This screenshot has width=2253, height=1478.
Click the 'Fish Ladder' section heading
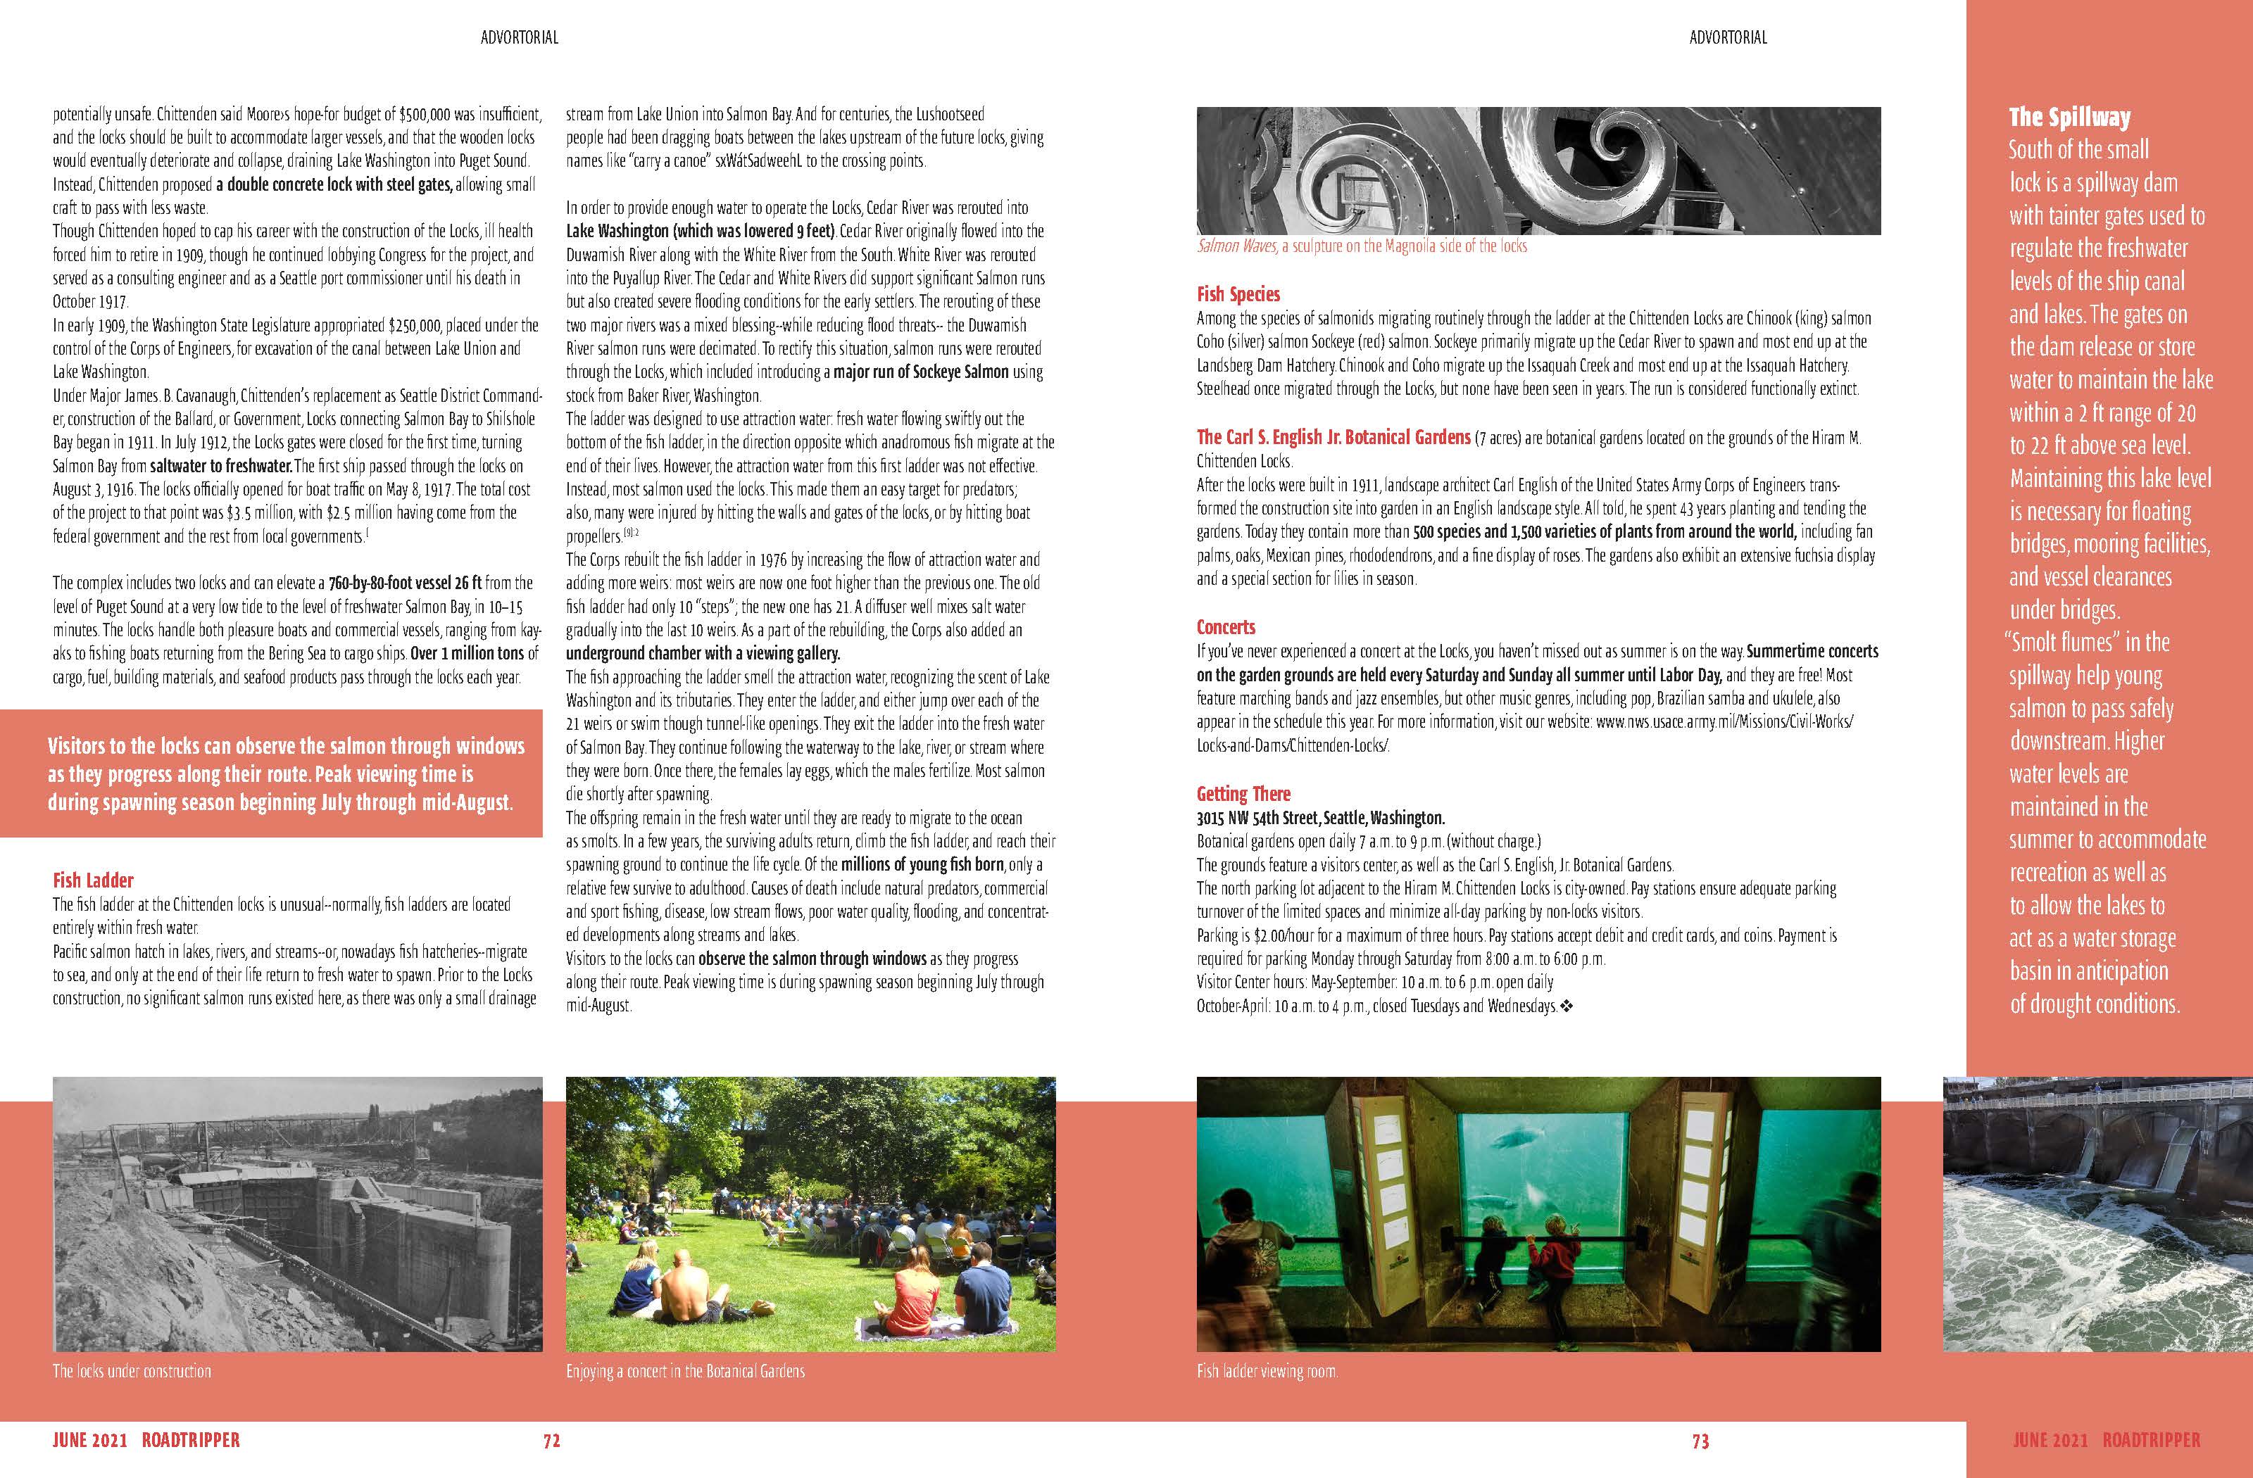click(x=93, y=880)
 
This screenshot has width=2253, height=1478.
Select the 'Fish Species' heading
click(x=1238, y=294)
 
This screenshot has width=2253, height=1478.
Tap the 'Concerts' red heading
click(x=1225, y=627)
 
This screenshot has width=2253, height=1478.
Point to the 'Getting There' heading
click(x=1243, y=794)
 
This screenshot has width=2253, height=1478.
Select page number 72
click(x=551, y=1441)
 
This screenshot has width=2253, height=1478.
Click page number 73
click(x=1700, y=1441)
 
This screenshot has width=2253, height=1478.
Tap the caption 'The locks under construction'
click(x=132, y=1371)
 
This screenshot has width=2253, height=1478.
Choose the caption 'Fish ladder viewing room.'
click(x=1267, y=1371)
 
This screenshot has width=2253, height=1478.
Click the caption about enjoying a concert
click(x=685, y=1371)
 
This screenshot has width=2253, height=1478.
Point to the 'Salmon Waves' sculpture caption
click(x=1361, y=246)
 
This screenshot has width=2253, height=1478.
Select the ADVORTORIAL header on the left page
click(x=519, y=38)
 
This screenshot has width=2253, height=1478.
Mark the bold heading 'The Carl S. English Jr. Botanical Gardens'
click(x=1333, y=437)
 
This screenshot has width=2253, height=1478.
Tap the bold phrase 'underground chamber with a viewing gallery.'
click(x=703, y=654)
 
